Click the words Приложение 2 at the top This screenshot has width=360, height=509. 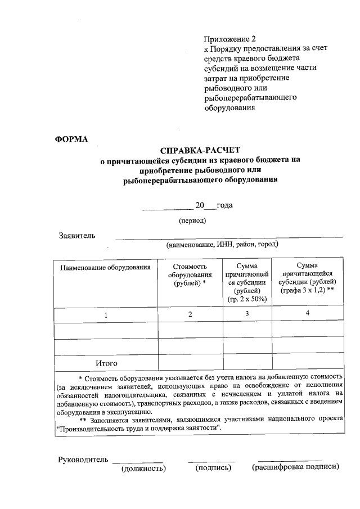point(229,39)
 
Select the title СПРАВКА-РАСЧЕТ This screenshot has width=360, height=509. point(200,150)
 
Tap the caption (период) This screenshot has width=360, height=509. point(192,220)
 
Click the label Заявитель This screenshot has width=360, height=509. point(77,235)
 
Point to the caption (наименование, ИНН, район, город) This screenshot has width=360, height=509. point(222,245)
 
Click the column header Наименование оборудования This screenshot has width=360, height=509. point(106,267)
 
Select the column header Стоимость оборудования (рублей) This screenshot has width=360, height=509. point(190,275)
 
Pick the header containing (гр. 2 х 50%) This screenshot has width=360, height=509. point(247,299)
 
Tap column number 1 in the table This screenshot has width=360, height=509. point(106,314)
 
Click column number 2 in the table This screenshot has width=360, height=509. point(190,314)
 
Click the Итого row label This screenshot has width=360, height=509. point(106,363)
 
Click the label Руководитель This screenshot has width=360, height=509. point(83,460)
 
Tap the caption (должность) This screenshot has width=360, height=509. point(143,469)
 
